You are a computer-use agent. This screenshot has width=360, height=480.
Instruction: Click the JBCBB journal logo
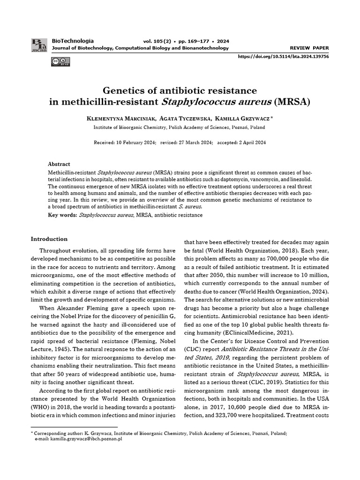coord(39,45)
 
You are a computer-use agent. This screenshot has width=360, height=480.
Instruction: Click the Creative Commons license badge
coord(61,61)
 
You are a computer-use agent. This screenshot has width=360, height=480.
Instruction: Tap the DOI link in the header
coord(283,56)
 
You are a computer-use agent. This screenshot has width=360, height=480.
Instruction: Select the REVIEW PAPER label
coord(309,48)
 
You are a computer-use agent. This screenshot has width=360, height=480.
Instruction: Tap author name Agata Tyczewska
coord(184,119)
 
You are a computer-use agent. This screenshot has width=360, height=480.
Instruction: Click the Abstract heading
coord(59,164)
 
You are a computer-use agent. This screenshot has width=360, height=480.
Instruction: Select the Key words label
coord(62,215)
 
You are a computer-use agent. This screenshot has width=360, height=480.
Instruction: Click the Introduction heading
coord(49,239)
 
